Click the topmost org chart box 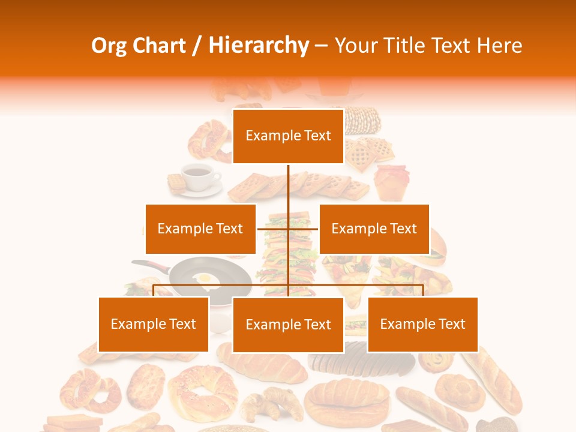288,136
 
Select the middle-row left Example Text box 200,229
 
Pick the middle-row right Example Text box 374,229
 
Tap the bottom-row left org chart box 154,324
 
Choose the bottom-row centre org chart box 288,325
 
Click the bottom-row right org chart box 422,324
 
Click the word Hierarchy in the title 259,45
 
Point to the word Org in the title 109,45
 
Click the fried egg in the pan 206,279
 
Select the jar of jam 391,181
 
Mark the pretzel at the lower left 89,389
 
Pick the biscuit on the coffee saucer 175,182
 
